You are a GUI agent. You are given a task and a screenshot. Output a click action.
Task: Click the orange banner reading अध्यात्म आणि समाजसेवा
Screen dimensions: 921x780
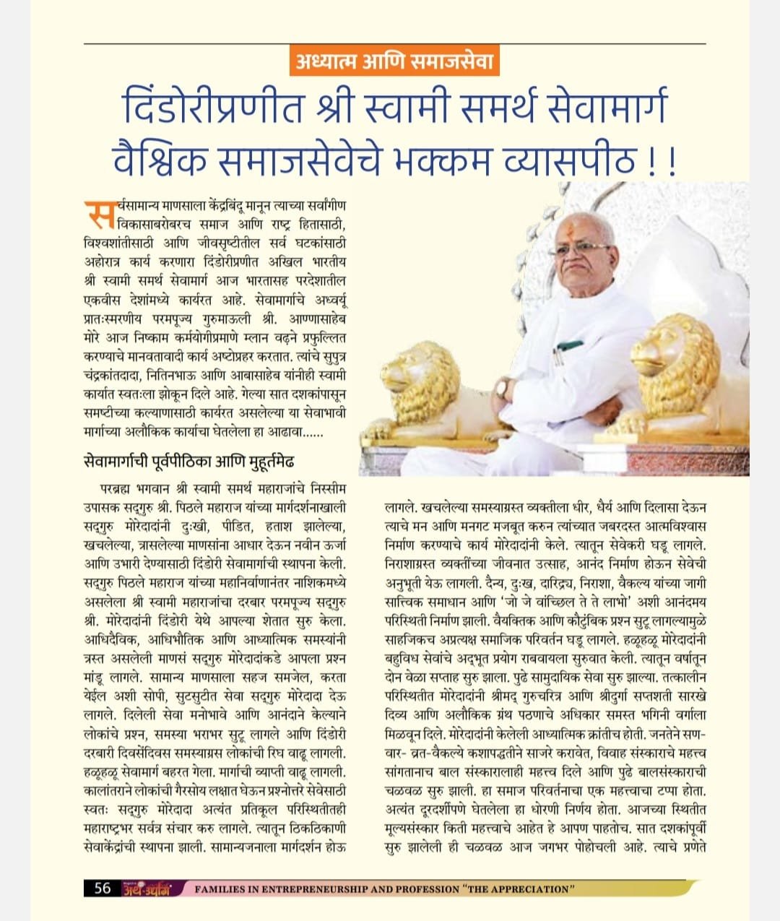click(394, 62)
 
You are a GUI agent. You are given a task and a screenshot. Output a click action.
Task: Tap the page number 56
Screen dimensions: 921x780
click(103, 888)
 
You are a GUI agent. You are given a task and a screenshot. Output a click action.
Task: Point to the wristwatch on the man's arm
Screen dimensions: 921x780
click(501, 387)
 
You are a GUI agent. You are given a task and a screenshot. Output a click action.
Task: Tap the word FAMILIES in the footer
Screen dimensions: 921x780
click(220, 888)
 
